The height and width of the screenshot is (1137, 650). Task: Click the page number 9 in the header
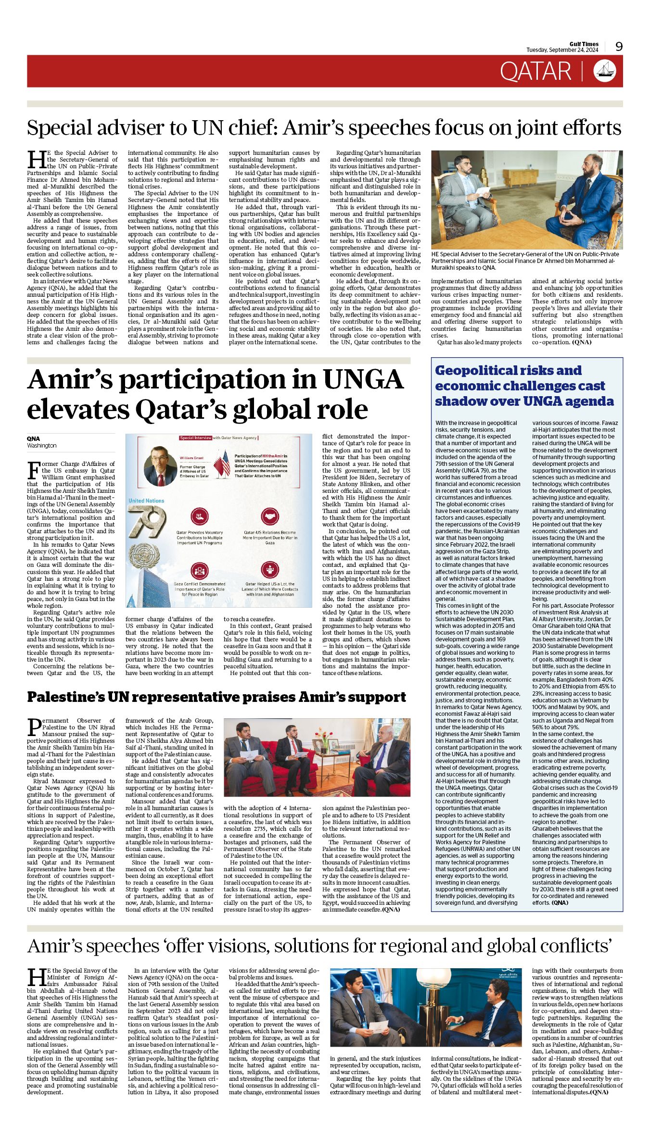pos(619,46)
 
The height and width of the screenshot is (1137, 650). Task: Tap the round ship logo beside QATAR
pos(605,71)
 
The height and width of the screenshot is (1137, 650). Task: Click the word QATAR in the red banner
pos(535,72)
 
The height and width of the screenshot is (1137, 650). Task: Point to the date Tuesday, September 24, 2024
pos(562,50)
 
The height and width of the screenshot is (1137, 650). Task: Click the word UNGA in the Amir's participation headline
pos(363,379)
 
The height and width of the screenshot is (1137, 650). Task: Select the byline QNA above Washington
pos(33,438)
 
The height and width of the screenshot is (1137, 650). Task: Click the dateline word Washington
pos(41,446)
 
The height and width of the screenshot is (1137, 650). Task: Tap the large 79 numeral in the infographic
pos(146,521)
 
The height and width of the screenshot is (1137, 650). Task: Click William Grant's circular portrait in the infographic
pos(160,466)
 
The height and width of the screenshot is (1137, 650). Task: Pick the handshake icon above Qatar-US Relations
pos(269,516)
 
